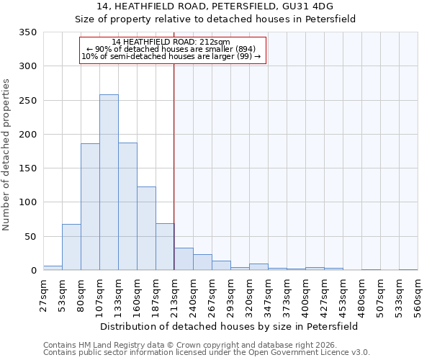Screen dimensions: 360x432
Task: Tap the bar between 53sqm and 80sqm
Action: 71,247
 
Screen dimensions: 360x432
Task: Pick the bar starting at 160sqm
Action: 146,228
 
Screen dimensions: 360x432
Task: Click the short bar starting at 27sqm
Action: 53,268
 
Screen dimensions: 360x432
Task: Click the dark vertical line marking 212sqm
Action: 174,166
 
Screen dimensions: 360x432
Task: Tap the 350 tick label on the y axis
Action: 28,32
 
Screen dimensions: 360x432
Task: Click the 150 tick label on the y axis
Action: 28,168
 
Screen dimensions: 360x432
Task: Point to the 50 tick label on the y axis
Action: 31,237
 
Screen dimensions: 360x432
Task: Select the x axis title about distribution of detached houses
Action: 230,326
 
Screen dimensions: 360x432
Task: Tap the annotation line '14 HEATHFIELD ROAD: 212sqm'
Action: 171,42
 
